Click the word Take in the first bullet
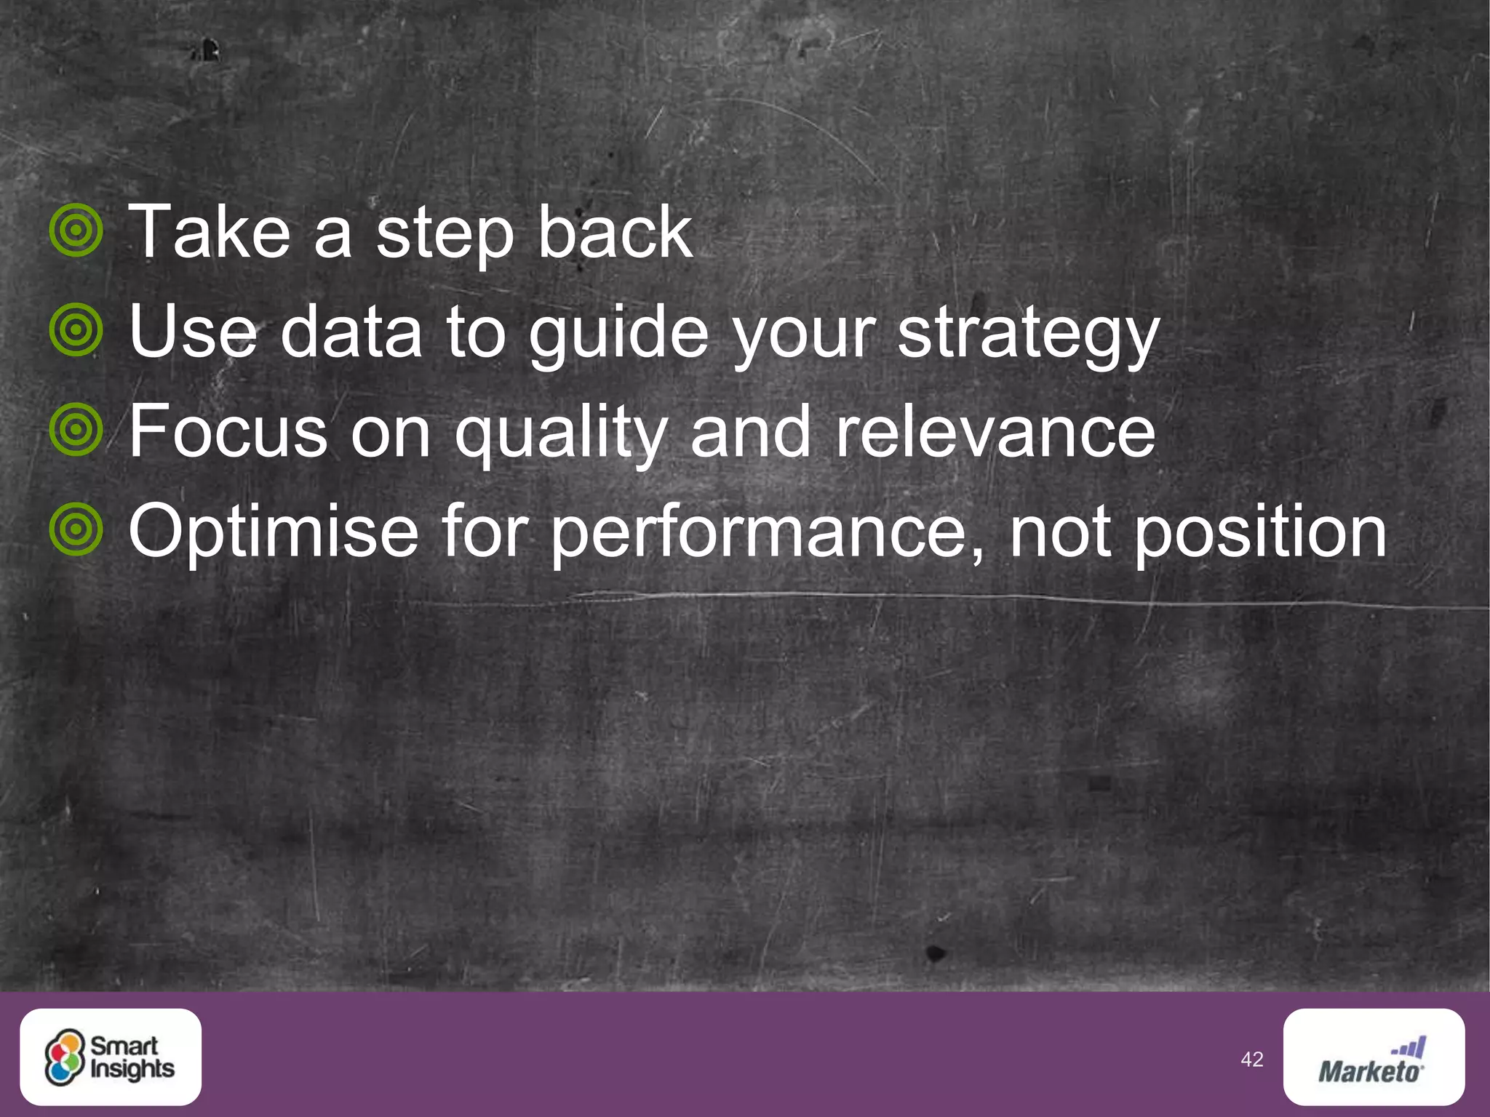210,233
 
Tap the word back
615,233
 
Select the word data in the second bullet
351,332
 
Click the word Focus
228,432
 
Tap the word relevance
995,432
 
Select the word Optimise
274,532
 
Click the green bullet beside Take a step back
76,231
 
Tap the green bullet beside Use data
76,330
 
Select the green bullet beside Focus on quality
76,430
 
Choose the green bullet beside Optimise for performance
76,529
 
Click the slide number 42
1251,1060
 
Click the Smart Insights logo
111,1057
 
